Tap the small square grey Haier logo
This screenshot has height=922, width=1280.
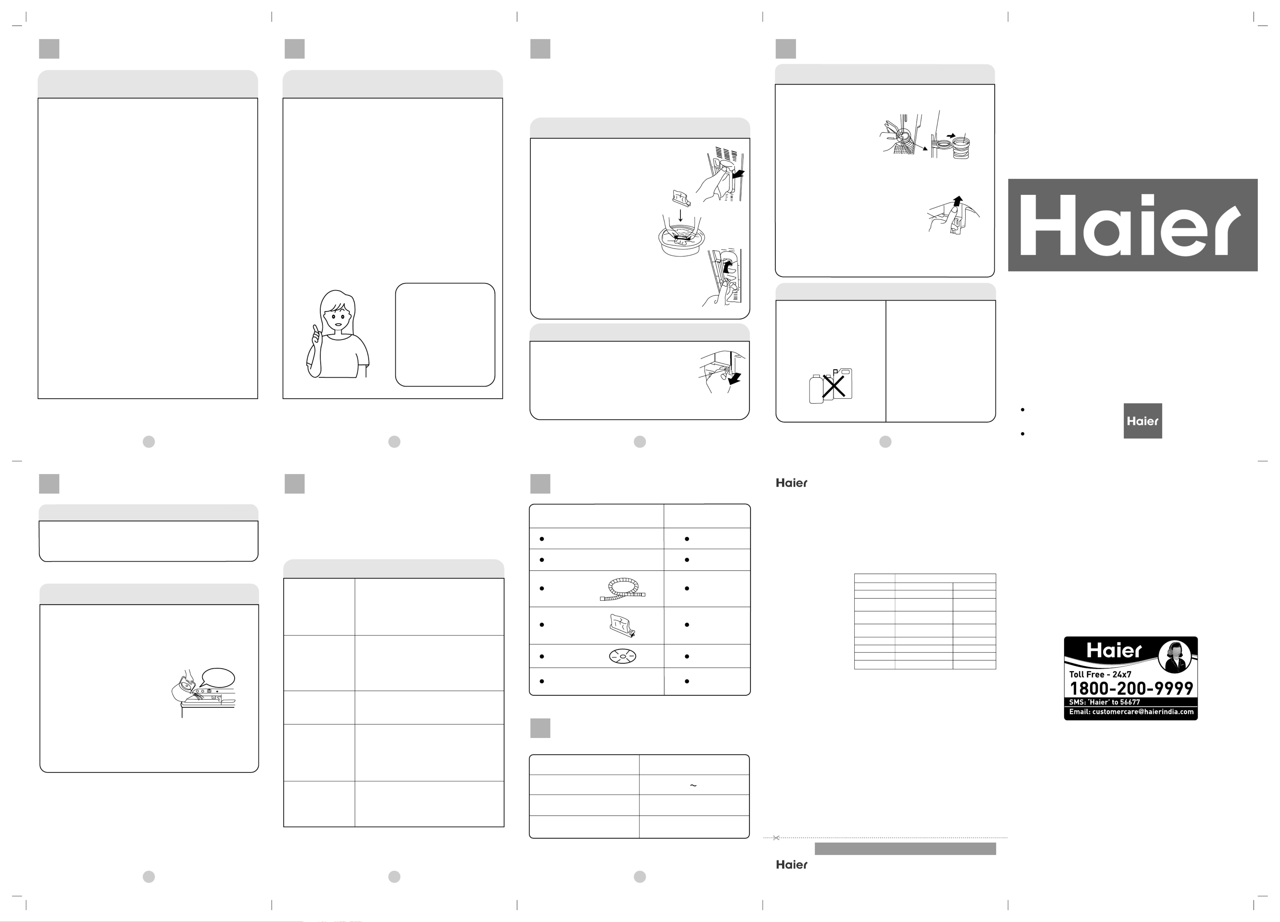point(1142,421)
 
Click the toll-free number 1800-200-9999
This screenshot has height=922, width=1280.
point(1131,688)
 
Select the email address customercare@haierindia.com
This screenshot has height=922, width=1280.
point(1131,712)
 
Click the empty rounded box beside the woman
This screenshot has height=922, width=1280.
point(445,335)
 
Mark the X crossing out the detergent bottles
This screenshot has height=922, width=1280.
point(833,386)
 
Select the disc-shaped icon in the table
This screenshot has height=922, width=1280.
point(623,656)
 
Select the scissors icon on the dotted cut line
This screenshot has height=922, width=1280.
point(776,838)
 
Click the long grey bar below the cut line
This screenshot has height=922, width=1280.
point(905,849)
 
